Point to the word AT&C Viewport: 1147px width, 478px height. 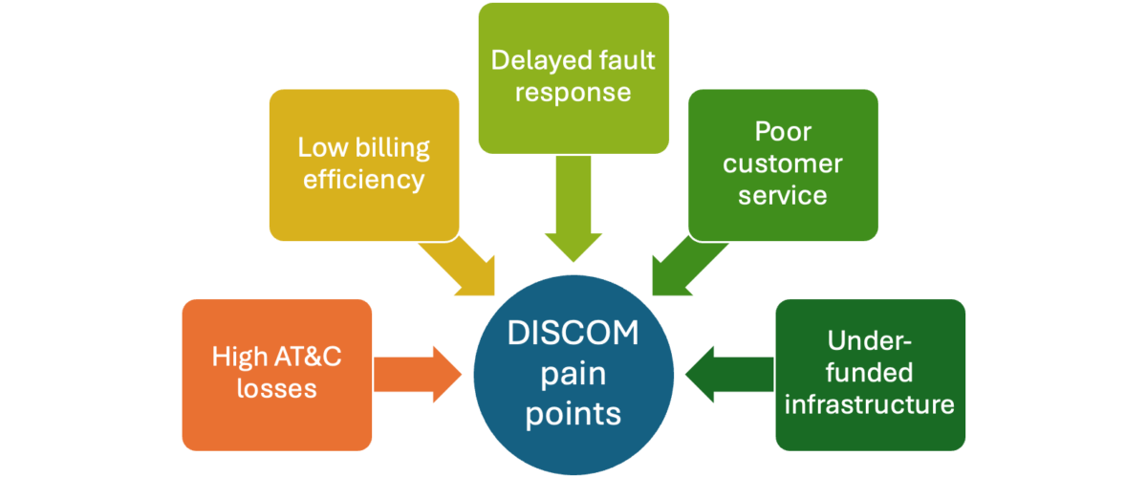[302, 358]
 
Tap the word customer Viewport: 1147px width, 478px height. [783, 163]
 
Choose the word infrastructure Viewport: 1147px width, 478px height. [870, 404]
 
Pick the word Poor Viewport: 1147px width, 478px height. [783, 131]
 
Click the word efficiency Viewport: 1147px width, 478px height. [364, 180]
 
